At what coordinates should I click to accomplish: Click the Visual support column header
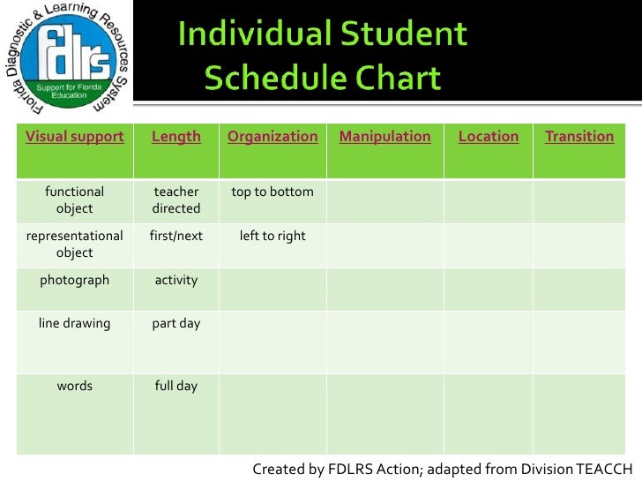tap(75, 137)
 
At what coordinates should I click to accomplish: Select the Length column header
tap(176, 137)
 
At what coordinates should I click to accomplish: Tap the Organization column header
tap(272, 137)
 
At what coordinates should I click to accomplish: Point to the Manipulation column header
tap(384, 137)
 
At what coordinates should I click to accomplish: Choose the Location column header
tap(489, 137)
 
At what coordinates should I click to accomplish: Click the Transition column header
tap(579, 137)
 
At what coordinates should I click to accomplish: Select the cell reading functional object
tap(75, 200)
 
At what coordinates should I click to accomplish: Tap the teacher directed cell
tap(176, 200)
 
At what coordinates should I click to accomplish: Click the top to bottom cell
tap(272, 192)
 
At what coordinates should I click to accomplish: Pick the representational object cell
tap(75, 245)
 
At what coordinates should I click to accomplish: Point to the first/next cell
tap(176, 237)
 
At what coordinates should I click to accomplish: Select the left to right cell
tap(272, 237)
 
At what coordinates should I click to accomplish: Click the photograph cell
tap(75, 281)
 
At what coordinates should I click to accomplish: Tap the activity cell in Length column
tap(176, 281)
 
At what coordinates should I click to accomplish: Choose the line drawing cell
tap(75, 324)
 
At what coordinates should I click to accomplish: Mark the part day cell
tap(176, 324)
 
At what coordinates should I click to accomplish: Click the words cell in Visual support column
tap(75, 387)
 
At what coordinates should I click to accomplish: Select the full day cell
tap(176, 387)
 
